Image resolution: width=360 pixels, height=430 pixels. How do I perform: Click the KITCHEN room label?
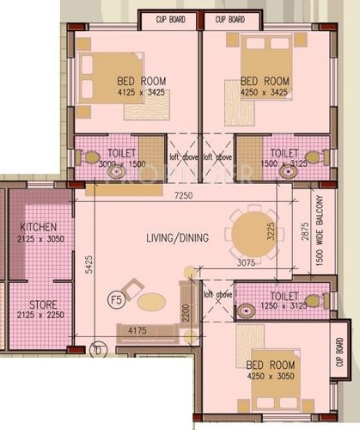click(37, 226)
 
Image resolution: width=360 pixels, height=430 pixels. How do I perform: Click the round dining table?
click(251, 236)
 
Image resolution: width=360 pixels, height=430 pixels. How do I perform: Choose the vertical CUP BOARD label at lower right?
click(341, 354)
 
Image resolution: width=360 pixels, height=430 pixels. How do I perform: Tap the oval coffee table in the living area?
click(151, 302)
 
